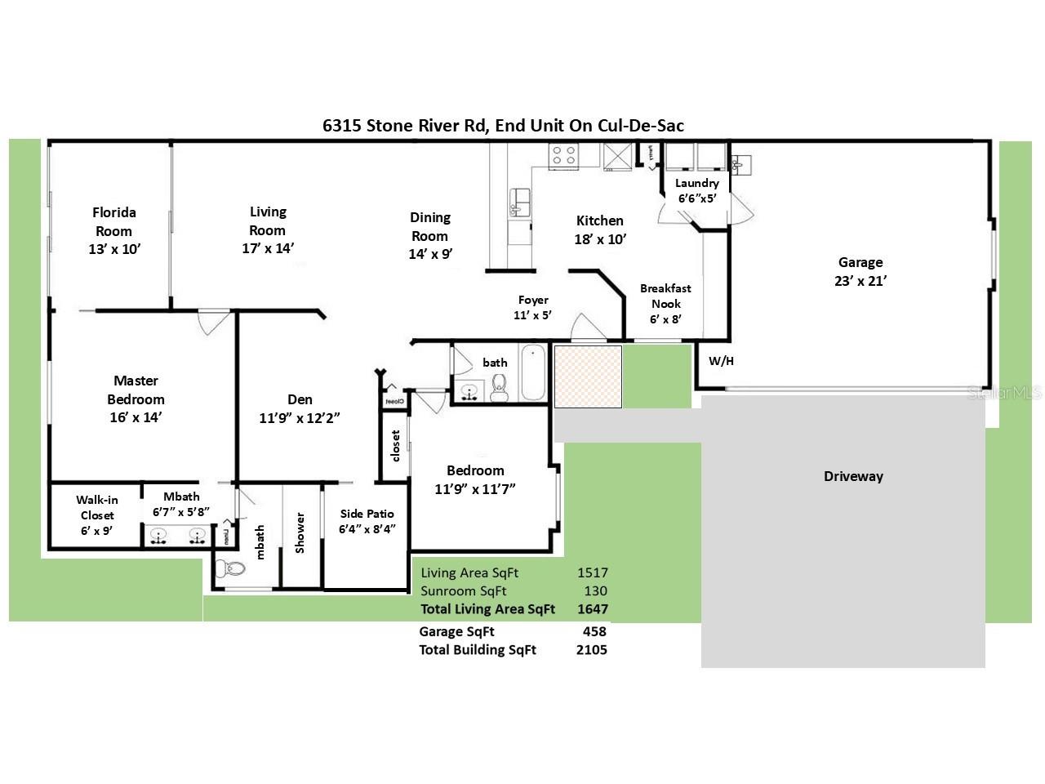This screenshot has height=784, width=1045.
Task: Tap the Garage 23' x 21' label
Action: pos(860,271)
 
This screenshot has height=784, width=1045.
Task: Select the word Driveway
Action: pos(853,476)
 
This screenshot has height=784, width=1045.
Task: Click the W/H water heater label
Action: pos(720,361)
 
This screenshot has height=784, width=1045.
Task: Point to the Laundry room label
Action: pos(696,184)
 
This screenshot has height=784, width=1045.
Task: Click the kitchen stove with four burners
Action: pos(564,155)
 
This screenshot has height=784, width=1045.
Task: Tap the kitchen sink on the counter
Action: pos(519,200)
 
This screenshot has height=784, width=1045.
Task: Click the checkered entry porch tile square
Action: pos(588,376)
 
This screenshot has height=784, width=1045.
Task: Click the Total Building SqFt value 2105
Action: pos(592,650)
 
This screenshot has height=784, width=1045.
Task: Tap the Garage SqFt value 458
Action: pos(594,631)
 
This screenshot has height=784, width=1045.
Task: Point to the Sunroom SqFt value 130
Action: pos(595,591)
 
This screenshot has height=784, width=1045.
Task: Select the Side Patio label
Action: pos(367,514)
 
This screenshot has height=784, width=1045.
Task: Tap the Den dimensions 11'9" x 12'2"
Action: pos(300,418)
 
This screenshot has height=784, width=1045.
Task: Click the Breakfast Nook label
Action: pos(665,296)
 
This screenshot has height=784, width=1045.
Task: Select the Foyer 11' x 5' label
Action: pos(533,307)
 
